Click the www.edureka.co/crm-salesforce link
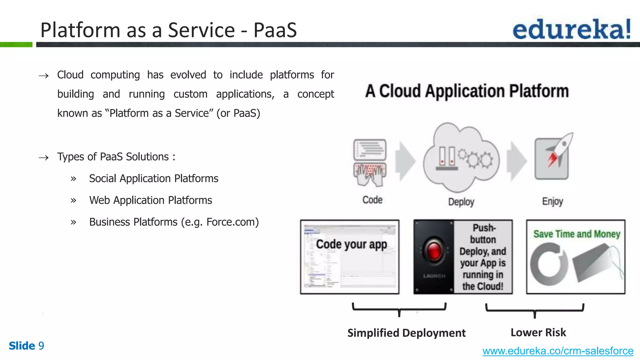pos(557,351)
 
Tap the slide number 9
pos(41,346)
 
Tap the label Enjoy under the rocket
pos(552,202)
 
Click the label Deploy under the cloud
pos(461,202)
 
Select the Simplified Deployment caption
pos(406,333)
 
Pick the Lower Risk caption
pos(538,332)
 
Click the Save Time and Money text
pos(577,234)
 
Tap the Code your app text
pos(351,244)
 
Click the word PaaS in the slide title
pos(275,30)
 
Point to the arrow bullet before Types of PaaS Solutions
pos(43,157)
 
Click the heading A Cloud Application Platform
pos(467,91)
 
